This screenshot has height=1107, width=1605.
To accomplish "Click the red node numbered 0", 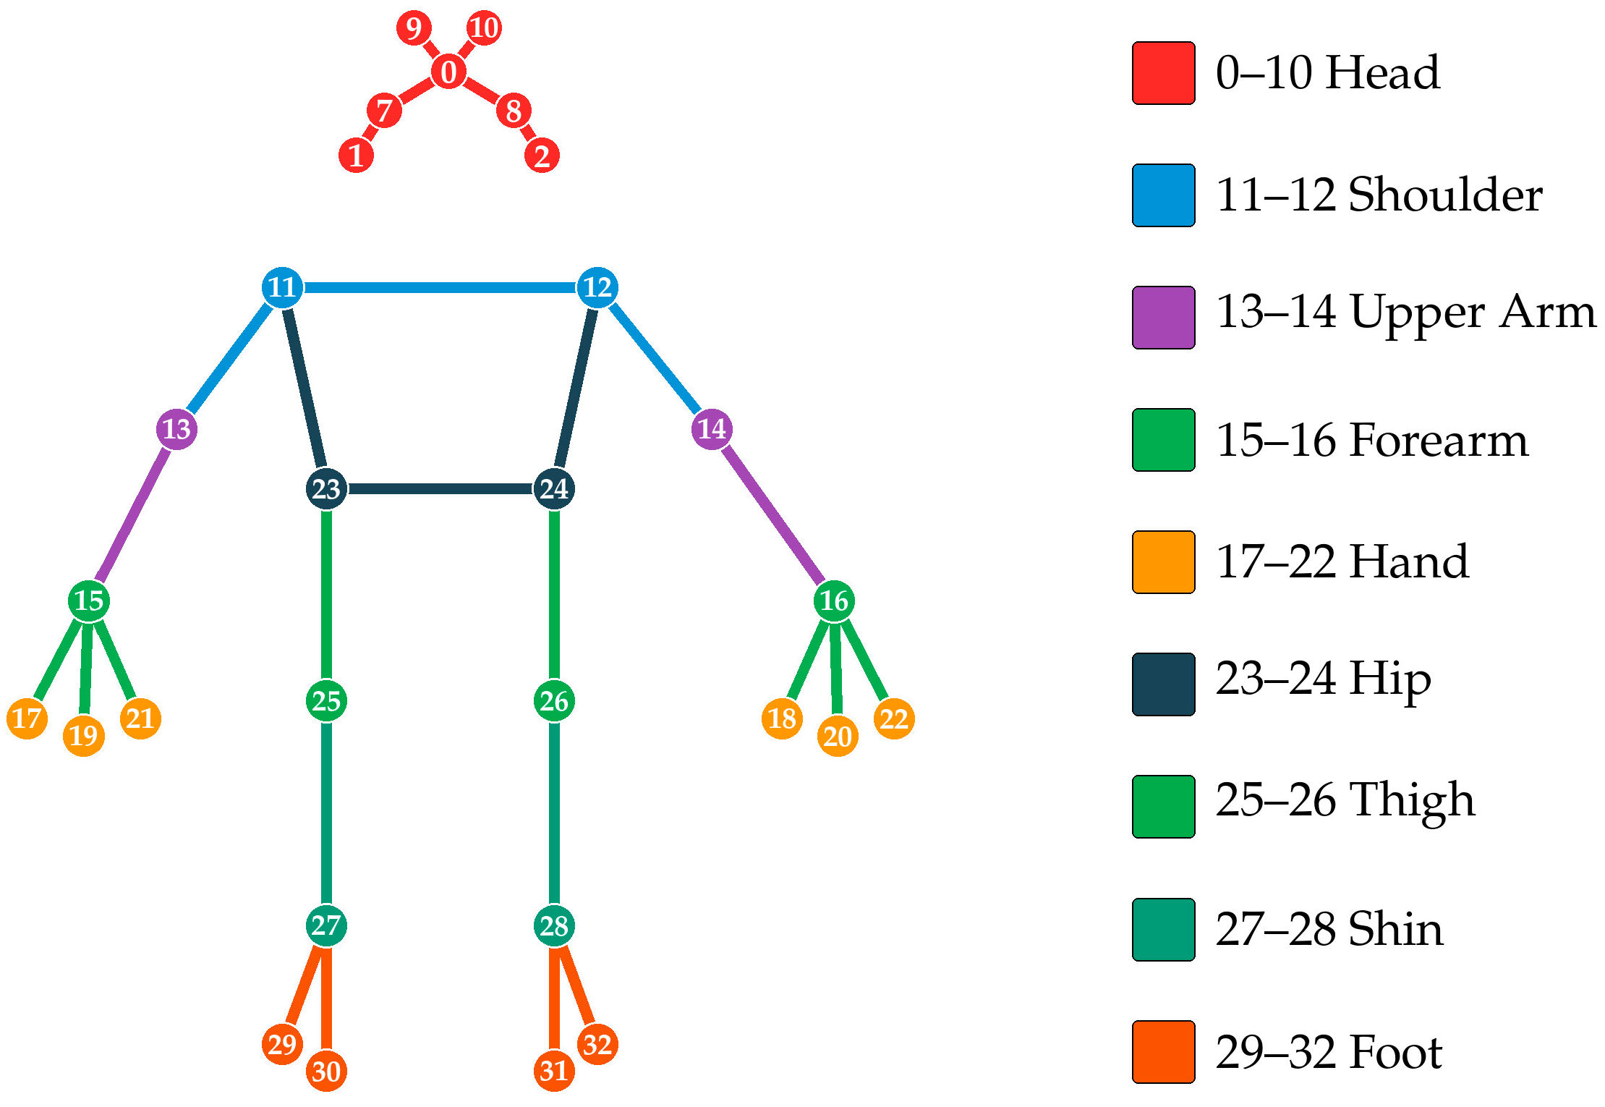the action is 448,72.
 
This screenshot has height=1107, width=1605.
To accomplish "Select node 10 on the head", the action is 484,28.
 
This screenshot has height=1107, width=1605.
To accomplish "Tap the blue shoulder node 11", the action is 282,287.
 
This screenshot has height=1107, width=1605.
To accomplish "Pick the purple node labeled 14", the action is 712,429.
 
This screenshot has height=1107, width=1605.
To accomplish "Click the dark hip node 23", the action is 326,489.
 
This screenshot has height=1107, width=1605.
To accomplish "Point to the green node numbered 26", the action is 554,700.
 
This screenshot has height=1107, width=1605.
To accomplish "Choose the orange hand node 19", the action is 84,736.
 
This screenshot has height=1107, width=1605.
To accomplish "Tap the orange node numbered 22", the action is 894,718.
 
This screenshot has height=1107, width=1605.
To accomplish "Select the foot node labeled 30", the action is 326,1071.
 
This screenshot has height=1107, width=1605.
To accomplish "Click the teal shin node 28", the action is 554,925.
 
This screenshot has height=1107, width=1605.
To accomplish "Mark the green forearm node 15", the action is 89,601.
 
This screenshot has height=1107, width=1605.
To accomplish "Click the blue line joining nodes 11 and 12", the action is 440,287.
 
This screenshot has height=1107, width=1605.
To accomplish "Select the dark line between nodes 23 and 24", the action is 440,489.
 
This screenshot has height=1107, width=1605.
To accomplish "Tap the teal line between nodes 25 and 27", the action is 326,813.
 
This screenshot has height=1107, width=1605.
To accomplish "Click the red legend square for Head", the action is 1163,73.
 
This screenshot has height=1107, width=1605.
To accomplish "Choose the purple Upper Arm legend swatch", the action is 1163,318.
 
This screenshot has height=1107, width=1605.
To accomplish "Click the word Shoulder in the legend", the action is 1445,195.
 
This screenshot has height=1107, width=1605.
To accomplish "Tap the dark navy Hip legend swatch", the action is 1163,684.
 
